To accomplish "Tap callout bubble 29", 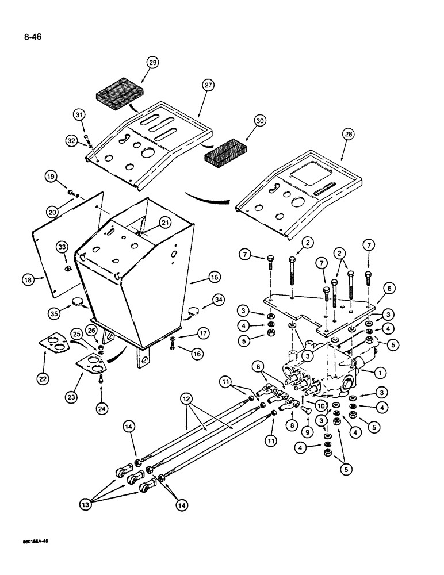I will click(152, 63).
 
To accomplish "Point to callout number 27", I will click(207, 85).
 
